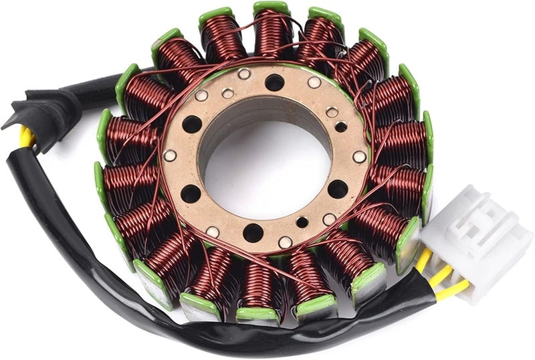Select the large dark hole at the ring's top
coord(274,82)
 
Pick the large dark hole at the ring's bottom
coord(253,232)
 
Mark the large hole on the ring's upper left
coord(192,124)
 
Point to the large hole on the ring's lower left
coord(191,193)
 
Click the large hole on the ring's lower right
coord(338,189)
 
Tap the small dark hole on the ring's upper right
coord(341,126)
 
